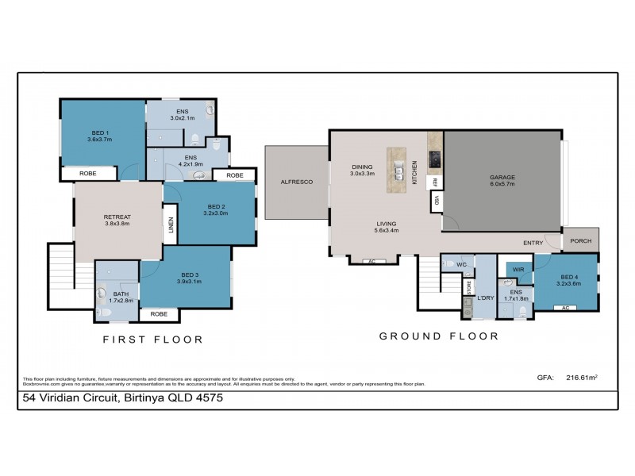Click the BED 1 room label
click(100, 132)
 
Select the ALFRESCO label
click(296, 182)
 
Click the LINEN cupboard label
click(169, 225)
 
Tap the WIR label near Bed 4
click(519, 270)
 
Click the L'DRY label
click(486, 297)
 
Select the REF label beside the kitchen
click(435, 182)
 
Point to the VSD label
click(435, 202)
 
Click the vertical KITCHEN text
click(414, 171)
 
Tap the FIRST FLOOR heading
click(153, 339)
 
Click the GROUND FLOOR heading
click(438, 336)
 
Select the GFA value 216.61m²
click(581, 378)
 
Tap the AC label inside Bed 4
click(565, 307)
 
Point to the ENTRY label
click(533, 243)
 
